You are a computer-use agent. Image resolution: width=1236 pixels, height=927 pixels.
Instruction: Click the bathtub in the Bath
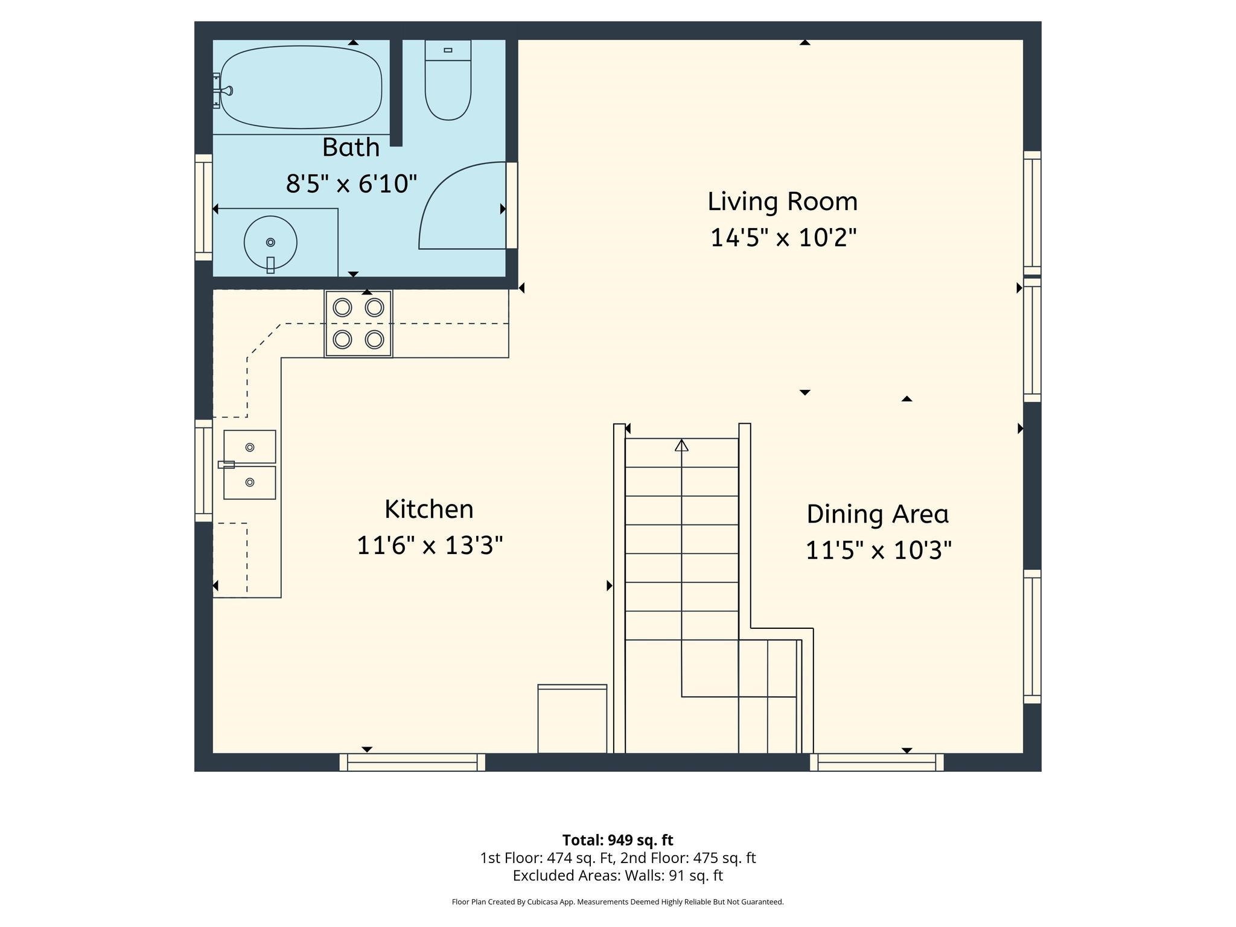[301, 88]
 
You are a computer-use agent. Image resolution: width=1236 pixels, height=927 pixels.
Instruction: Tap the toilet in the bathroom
[448, 84]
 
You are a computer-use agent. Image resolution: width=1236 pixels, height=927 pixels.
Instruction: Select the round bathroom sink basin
[270, 242]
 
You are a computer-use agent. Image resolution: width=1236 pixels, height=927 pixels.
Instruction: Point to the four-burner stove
[358, 324]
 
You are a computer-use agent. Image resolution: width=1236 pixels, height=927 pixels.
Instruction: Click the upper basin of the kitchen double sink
[250, 447]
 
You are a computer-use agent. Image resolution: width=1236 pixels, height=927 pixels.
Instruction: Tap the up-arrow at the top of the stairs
[681, 445]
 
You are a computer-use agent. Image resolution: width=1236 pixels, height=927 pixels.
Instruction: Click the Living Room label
[782, 202]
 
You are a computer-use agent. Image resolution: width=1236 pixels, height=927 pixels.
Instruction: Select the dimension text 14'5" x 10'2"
[783, 238]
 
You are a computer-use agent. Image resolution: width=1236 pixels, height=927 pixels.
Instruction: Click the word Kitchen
[429, 509]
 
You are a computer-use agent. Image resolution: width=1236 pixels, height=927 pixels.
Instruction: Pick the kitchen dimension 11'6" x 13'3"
[430, 546]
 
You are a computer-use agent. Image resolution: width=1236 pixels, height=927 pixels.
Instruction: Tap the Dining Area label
[878, 514]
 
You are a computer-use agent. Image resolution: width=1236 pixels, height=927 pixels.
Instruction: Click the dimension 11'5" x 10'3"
[879, 550]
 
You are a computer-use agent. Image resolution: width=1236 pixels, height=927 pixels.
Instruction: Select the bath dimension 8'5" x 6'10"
[351, 183]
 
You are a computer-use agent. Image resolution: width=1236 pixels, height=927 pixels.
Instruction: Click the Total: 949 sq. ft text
[617, 840]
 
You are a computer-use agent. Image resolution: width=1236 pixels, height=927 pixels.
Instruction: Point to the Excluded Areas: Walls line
[617, 876]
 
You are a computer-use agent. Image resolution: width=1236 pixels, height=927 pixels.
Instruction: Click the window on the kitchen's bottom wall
[412, 762]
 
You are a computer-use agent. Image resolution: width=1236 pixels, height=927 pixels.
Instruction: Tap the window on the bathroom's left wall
[204, 207]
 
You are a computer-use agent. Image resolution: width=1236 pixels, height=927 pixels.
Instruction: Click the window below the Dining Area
[876, 762]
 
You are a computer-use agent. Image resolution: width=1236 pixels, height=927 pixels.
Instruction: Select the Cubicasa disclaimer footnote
[617, 902]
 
